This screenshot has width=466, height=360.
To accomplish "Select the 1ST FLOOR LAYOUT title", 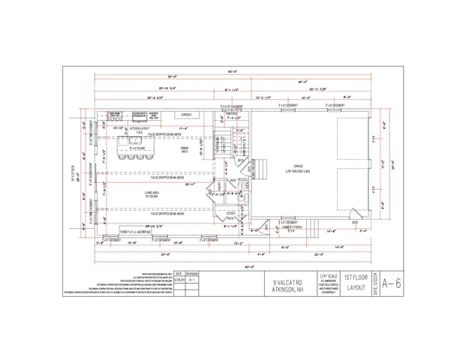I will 356,282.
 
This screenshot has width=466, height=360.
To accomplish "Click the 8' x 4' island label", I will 136,148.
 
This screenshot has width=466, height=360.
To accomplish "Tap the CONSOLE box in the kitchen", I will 185,115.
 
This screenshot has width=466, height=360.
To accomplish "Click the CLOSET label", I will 231,213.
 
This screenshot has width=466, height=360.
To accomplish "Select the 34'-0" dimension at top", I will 172,76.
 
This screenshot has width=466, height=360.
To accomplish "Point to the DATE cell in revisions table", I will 178,274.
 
